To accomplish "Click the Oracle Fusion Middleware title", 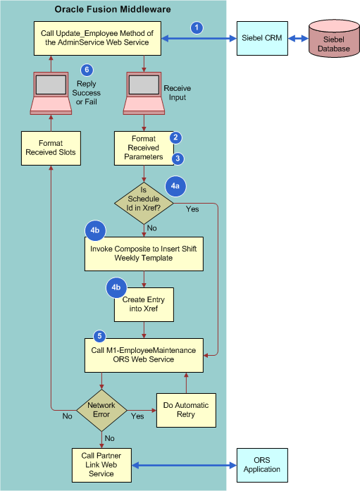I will pyautogui.click(x=112, y=8).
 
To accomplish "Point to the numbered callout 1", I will pyautogui.click(x=197, y=27).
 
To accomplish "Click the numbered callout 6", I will pyautogui.click(x=87, y=69).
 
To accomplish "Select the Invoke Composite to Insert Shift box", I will pyautogui.click(x=144, y=254).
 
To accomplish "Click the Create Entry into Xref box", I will pyautogui.click(x=144, y=304).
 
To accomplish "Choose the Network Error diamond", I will pyautogui.click(x=101, y=410).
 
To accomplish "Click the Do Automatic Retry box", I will pyautogui.click(x=186, y=410).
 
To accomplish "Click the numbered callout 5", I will pyautogui.click(x=99, y=336).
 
